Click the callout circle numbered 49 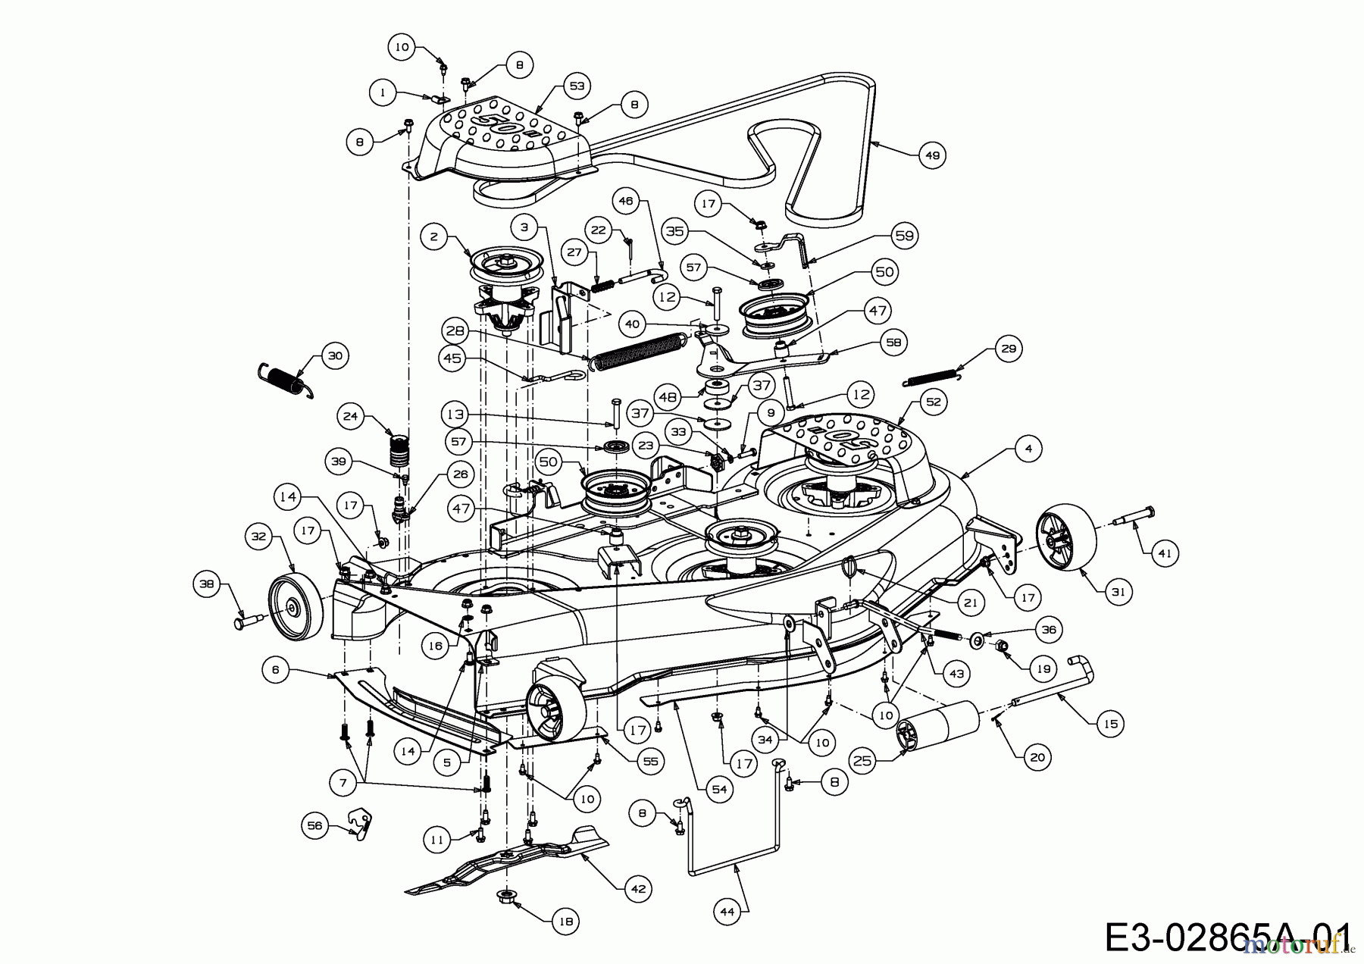[932, 155]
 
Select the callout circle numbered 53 [577, 86]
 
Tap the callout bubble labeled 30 [334, 355]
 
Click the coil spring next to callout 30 [285, 380]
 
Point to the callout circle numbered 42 [638, 888]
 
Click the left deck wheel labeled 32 [294, 606]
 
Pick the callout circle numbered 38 [206, 584]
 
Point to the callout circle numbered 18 [565, 921]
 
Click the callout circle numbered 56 [315, 825]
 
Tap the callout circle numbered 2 [433, 237]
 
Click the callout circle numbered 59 [905, 236]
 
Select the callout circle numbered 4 [1028, 449]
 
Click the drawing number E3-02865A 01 [1228, 937]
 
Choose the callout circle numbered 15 [1110, 724]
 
